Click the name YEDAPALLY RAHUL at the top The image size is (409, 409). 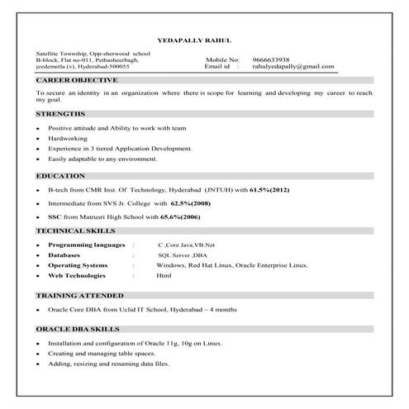coord(193,40)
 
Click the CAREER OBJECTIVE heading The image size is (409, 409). coord(77,80)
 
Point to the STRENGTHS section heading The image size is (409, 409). coord(60,113)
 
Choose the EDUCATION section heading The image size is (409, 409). coord(60,176)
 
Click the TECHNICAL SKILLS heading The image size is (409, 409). coord(75,231)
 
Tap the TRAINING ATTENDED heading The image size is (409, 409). coord(80,295)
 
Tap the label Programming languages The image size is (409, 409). coord(86,245)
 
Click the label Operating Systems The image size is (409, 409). coord(78,265)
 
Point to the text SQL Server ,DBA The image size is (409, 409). coord(182,255)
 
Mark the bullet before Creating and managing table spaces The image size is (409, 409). coord(39,354)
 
